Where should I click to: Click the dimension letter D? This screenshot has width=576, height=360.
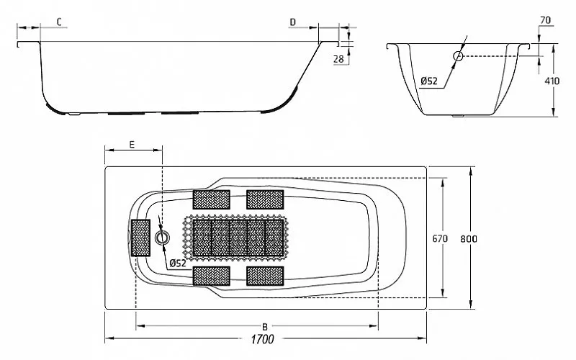coord(292,22)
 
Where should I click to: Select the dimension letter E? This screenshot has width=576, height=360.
coord(132,144)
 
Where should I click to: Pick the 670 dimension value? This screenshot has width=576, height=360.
coord(441,238)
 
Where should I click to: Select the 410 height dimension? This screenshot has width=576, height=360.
coord(552,81)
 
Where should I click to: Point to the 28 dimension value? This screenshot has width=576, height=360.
coord(338,59)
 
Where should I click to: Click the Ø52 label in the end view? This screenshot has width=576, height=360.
coord(429,80)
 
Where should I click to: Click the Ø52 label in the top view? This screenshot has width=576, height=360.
coord(177,264)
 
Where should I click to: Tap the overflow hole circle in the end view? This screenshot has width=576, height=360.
coord(458,55)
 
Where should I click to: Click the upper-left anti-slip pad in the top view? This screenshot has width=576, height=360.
coord(211,198)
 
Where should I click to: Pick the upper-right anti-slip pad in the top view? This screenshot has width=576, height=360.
coord(266,198)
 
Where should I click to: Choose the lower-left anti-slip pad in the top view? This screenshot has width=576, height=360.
coord(211,276)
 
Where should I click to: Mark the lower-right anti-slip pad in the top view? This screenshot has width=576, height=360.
coord(266,276)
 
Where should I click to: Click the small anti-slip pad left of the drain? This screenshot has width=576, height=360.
coord(140,237)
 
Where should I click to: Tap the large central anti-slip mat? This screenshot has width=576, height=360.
coord(238,237)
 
